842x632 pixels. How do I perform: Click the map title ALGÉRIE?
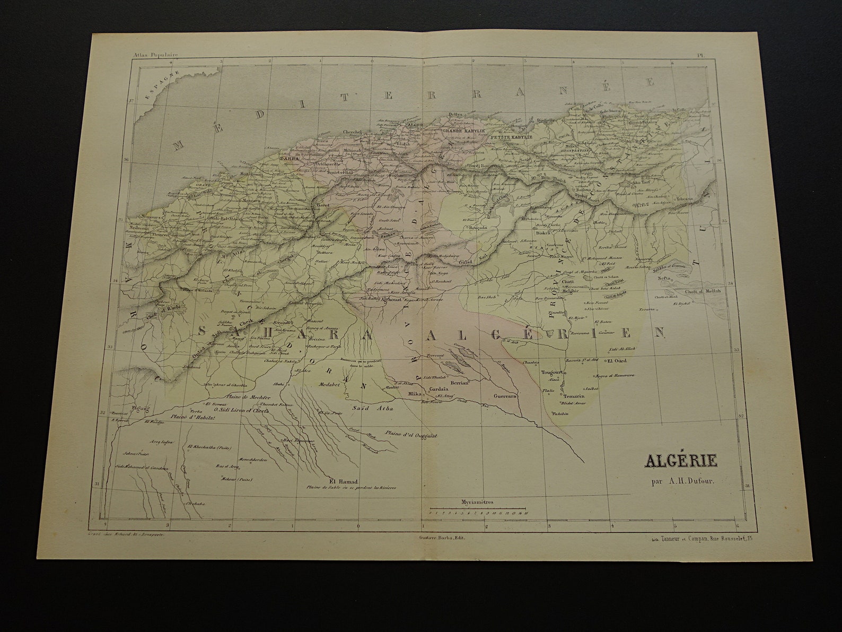tap(680, 461)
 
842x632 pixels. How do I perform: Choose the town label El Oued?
tap(617, 361)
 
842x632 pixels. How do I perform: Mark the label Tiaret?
tap(323, 204)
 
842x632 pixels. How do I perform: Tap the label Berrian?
tap(458, 382)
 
